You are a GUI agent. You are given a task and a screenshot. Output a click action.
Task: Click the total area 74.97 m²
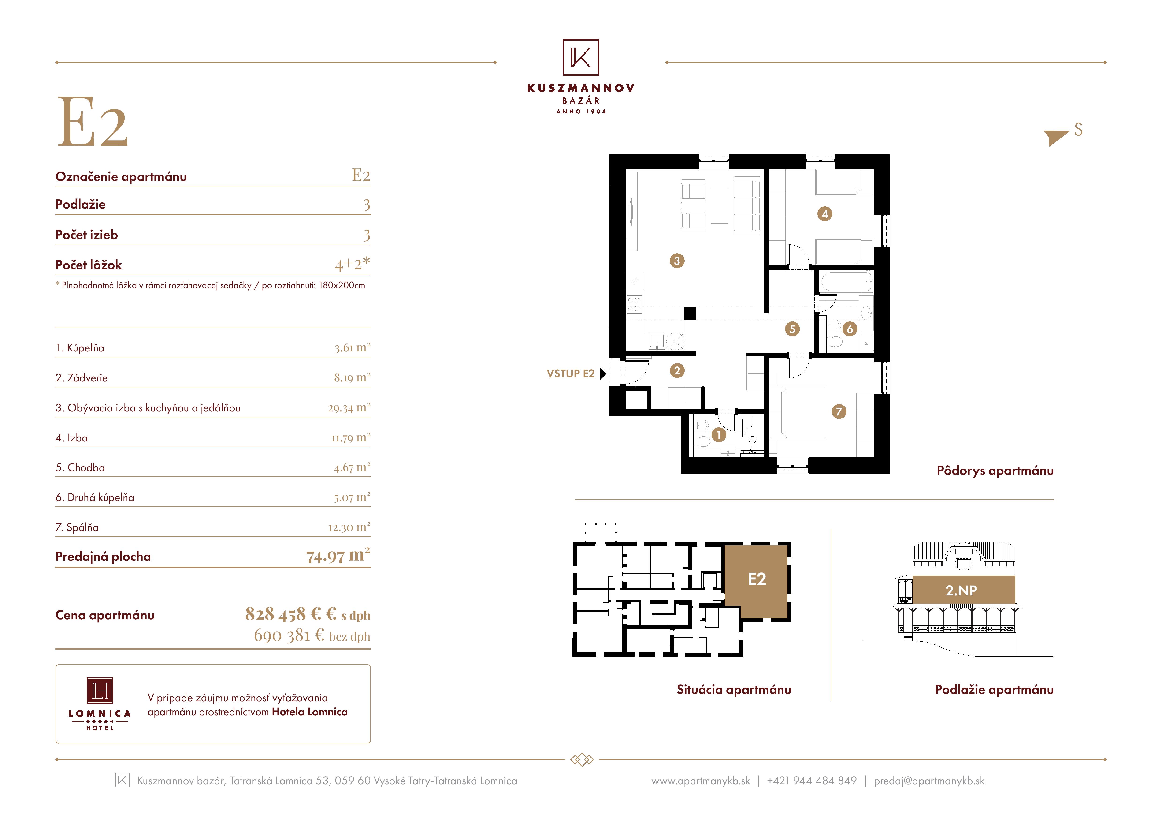pos(338,556)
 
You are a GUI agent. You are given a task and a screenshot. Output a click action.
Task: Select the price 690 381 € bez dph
pos(312,636)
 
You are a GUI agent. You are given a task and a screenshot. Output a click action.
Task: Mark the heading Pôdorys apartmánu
pos(995,471)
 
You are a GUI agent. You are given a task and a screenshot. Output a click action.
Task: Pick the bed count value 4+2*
pos(352,263)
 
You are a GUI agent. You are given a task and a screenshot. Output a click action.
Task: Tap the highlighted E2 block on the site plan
pos(756,581)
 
